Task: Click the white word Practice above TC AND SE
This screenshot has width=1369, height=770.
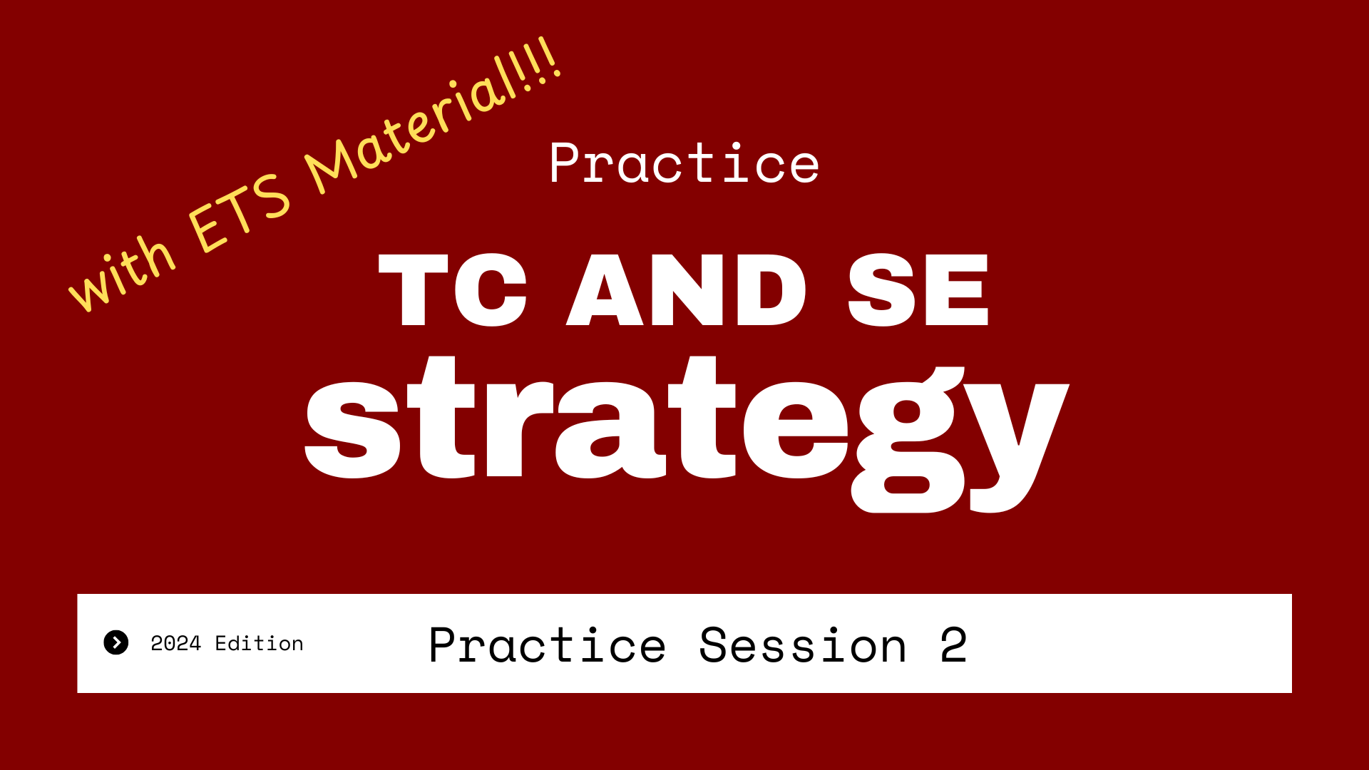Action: (684, 163)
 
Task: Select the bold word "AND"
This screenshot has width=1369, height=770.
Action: (686, 290)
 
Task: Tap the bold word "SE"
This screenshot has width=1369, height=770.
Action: (918, 290)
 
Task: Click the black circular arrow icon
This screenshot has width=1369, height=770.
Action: (116, 642)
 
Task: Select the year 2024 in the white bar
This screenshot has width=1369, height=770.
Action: (176, 644)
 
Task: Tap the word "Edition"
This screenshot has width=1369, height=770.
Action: (260, 643)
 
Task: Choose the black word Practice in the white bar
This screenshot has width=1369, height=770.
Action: (548, 645)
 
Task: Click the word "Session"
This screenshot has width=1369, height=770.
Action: (803, 645)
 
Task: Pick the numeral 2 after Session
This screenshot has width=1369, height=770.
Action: (953, 645)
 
